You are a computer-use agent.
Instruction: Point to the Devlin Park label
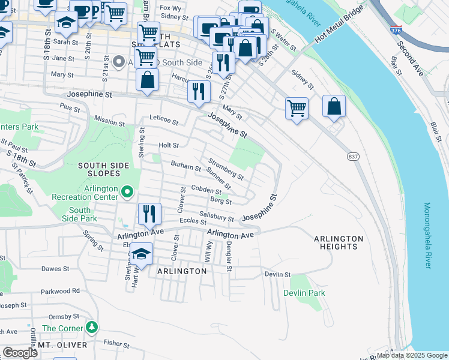[304, 293]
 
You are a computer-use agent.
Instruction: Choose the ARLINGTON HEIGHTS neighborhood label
[339, 242]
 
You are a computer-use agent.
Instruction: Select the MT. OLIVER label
[62, 345]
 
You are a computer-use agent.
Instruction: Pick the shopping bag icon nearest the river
[334, 107]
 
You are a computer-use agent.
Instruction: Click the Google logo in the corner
[20, 353]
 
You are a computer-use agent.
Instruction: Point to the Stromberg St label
[226, 169]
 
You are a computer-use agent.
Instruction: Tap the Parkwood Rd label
[60, 291]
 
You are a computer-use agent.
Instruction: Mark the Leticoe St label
[164, 122]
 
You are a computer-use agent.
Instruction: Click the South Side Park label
[79, 214]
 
